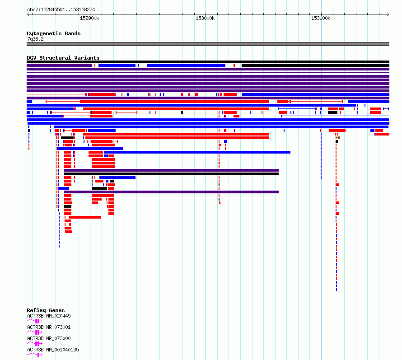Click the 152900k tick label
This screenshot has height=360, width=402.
(x=89, y=18)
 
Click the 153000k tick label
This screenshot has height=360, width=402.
(x=205, y=18)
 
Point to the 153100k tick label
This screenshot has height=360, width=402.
(x=321, y=18)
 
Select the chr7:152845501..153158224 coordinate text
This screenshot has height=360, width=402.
(x=61, y=10)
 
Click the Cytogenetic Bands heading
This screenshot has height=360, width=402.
(x=54, y=33)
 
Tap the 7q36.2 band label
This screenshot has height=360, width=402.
(x=35, y=39)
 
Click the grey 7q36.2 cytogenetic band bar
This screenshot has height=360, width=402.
(x=208, y=44)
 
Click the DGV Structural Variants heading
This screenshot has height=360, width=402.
(x=63, y=58)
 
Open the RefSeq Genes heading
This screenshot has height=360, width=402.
(x=46, y=310)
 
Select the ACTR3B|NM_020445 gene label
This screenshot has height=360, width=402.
(x=49, y=316)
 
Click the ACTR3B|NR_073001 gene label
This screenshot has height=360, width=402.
(x=49, y=327)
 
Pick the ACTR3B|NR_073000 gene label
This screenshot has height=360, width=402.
(x=49, y=338)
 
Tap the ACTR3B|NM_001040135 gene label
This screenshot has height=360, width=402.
(x=53, y=350)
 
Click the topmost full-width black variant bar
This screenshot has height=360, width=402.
(x=208, y=62)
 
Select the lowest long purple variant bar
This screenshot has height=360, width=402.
(x=171, y=192)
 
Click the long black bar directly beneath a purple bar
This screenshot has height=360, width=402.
(x=171, y=174)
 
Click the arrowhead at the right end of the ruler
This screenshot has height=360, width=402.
(x=388, y=14)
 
